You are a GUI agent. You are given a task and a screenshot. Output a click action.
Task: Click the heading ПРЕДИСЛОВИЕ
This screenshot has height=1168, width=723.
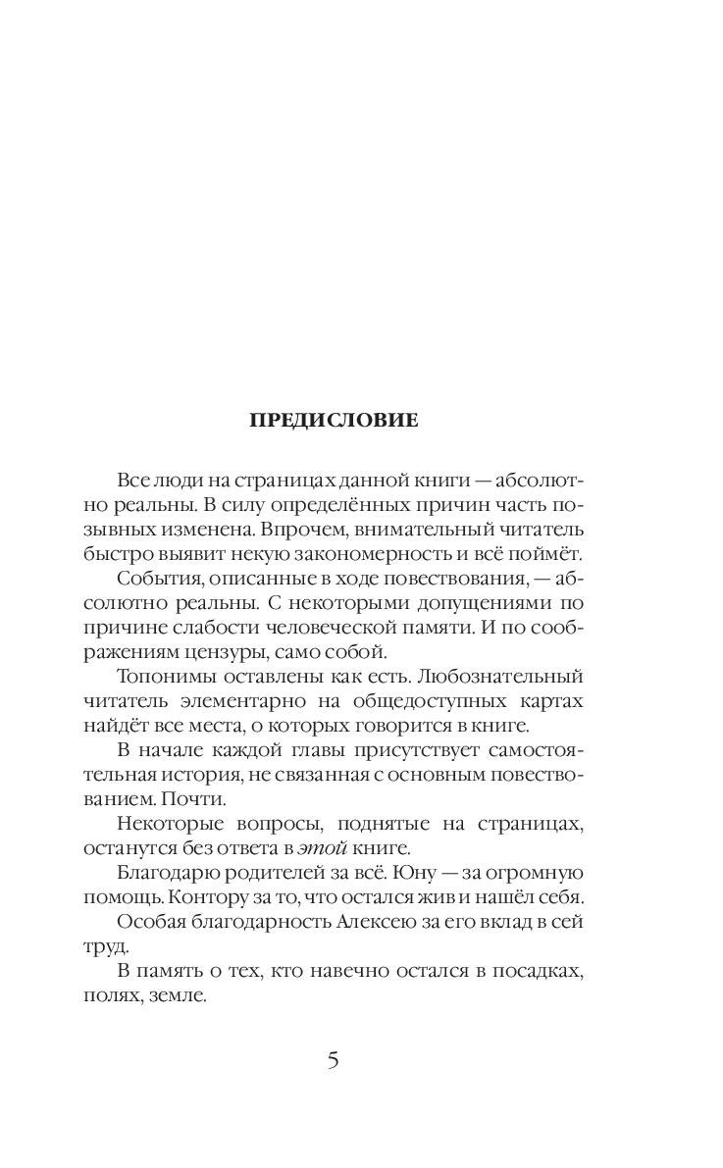point(334,421)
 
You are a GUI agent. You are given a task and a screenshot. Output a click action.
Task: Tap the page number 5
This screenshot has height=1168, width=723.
point(334,1060)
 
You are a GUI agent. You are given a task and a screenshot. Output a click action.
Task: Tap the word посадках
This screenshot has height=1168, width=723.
point(540,970)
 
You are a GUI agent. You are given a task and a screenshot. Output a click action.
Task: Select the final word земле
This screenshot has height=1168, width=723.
point(182,994)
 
